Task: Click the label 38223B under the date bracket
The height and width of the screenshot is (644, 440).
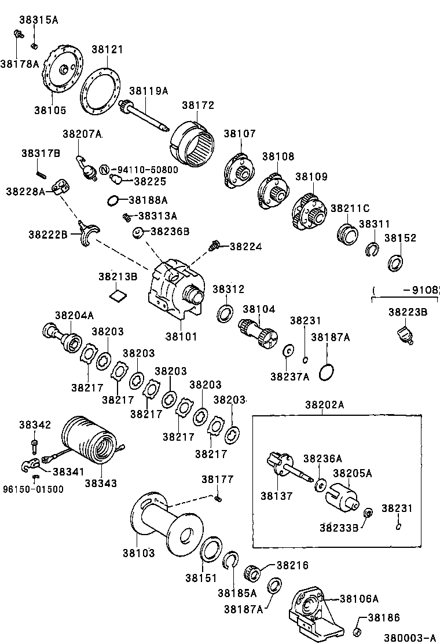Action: [x=408, y=312]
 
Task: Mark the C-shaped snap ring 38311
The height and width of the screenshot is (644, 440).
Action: [x=373, y=250]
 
